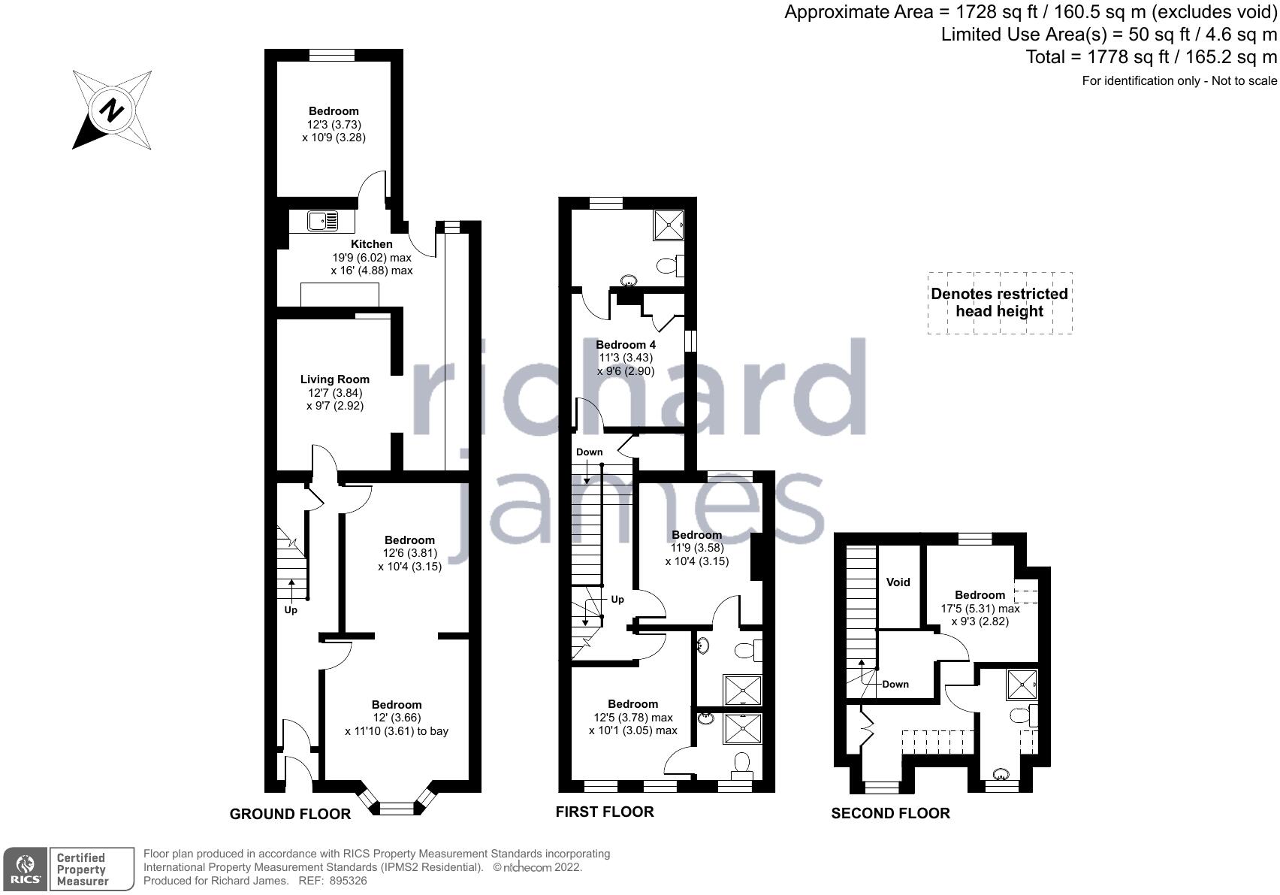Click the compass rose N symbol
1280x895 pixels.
pos(112,110)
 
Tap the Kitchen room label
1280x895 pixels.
pos(372,244)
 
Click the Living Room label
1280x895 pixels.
pos(335,379)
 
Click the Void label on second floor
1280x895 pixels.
pos(898,582)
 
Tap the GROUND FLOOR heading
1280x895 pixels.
pos(290,814)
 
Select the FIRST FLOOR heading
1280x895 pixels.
pos(605,812)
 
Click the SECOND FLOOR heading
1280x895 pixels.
pos(890,813)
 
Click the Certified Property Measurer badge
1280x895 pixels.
pos(81,869)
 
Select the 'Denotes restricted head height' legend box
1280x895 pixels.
pos(999,303)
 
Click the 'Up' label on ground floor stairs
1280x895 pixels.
pos(291,609)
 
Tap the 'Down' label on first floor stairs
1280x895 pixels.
pos(590,452)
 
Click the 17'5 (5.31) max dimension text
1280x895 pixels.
pos(980,609)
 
